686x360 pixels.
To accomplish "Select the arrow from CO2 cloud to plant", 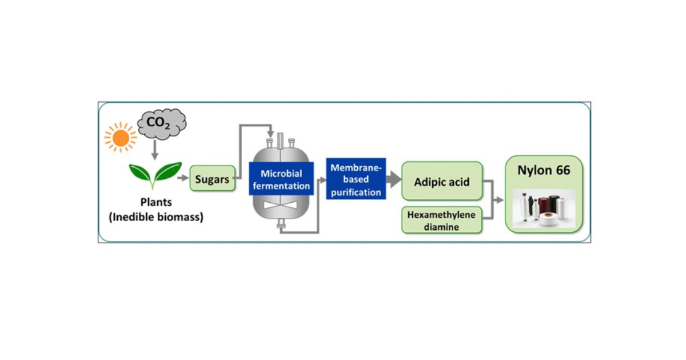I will [x=154, y=150].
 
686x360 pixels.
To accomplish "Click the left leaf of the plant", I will [x=141, y=172].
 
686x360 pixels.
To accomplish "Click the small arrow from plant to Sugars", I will [x=183, y=178].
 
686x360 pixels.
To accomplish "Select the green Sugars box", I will [x=212, y=179].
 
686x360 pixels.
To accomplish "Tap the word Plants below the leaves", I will [x=157, y=203].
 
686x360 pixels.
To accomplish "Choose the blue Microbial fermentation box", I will [x=281, y=179].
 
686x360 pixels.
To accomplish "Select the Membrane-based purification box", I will [x=356, y=179].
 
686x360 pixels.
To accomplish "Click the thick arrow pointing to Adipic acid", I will [x=393, y=179].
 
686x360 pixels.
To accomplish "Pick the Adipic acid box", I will [x=442, y=181].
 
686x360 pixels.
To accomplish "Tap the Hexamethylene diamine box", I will [x=442, y=220].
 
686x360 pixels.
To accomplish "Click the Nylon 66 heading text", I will [x=544, y=170].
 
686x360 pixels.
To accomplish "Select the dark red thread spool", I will [x=554, y=206].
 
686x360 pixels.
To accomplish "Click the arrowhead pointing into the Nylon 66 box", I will [x=500, y=200].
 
